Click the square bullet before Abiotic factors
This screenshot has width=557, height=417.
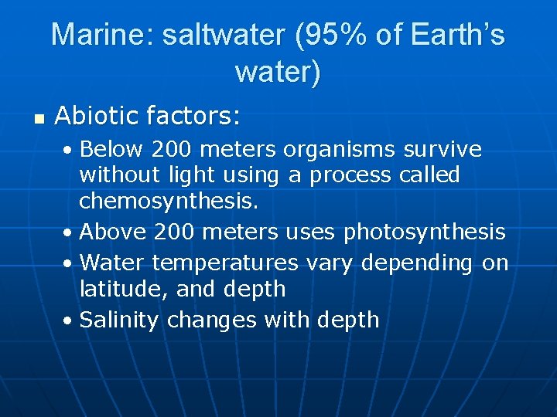click(x=37, y=119)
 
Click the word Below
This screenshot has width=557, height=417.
click(x=113, y=148)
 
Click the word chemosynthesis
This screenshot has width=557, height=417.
click(x=167, y=202)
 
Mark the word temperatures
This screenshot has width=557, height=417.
click(x=225, y=263)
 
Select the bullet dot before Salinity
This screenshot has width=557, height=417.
click(x=70, y=320)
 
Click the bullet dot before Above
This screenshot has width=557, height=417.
click(x=70, y=232)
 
